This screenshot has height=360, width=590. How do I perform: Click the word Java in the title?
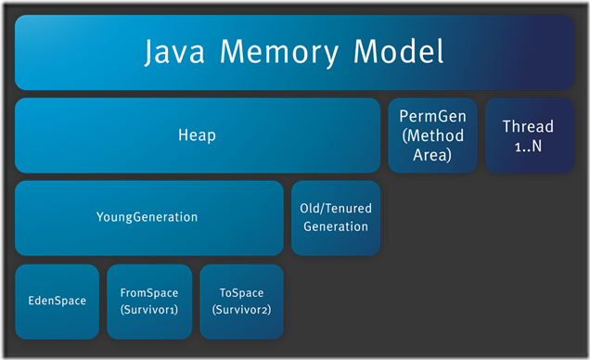pyautogui.click(x=176, y=52)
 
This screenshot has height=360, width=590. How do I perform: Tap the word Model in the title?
pyautogui.click(x=394, y=52)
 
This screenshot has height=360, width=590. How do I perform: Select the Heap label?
pyautogui.click(x=197, y=135)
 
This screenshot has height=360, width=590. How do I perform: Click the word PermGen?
pyautogui.click(x=431, y=118)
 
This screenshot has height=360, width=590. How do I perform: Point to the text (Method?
pyautogui.click(x=431, y=136)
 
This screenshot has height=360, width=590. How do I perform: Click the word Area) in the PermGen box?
pyautogui.click(x=431, y=155)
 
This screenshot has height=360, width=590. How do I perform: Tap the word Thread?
pyautogui.click(x=527, y=126)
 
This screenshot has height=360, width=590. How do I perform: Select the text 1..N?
pyautogui.click(x=527, y=145)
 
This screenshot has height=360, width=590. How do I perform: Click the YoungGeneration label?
pyautogui.click(x=147, y=217)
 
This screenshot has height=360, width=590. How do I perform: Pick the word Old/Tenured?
pyautogui.click(x=335, y=208)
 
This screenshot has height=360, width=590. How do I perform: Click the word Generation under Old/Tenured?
pyautogui.click(x=335, y=225)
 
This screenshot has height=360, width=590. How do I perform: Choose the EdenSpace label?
pyautogui.click(x=56, y=301)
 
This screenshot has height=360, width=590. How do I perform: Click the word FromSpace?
pyautogui.click(x=148, y=291)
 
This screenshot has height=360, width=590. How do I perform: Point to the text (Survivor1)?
pyautogui.click(x=148, y=309)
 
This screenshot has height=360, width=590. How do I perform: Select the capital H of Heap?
pyautogui.click(x=183, y=135)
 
